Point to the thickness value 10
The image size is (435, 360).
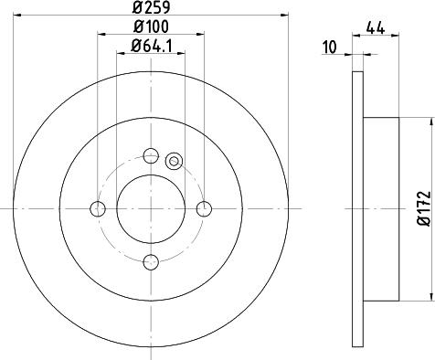point(329,47)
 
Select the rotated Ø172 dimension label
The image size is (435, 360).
point(422,207)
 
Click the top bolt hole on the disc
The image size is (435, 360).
point(152,154)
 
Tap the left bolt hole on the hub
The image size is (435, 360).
point(98,209)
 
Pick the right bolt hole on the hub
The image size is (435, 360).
point(205,209)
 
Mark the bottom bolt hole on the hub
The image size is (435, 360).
point(152,263)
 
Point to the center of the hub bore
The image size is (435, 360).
point(152,209)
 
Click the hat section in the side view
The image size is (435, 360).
point(382,209)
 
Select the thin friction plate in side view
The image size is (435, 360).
point(357,209)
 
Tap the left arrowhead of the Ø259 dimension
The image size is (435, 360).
point(17,18)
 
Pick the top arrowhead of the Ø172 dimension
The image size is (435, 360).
point(430,121)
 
